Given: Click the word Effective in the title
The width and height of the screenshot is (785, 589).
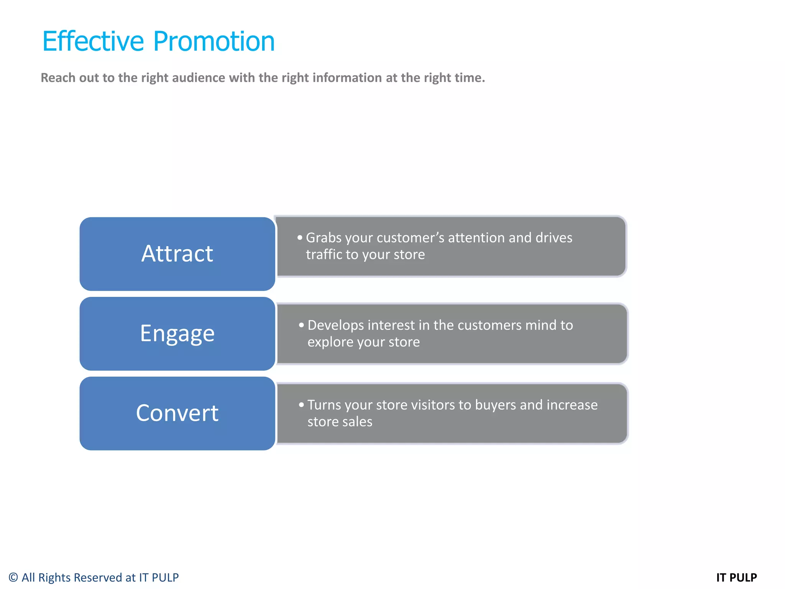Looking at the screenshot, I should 93,41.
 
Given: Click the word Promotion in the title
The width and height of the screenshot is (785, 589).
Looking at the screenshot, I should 214,41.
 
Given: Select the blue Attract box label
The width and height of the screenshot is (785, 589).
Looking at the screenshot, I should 177,253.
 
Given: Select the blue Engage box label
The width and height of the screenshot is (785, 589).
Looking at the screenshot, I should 177,333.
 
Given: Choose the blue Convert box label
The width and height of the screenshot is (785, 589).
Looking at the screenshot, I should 177,413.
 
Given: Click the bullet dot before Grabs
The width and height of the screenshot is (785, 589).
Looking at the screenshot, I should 300,238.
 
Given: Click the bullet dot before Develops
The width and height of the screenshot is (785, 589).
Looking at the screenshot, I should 301,325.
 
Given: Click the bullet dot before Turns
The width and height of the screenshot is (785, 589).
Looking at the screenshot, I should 301,405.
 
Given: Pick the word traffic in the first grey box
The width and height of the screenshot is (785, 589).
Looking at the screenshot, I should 323,255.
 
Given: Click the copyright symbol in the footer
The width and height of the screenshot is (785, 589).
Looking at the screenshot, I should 13,577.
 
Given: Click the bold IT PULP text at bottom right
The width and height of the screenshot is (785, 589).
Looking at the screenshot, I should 736,577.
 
